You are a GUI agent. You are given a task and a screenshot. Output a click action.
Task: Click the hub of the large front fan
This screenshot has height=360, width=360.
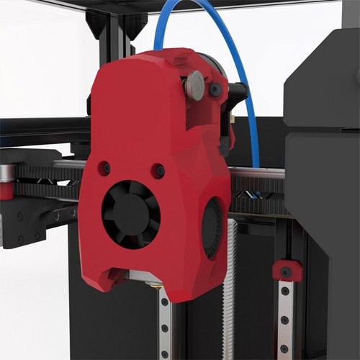click(130, 213)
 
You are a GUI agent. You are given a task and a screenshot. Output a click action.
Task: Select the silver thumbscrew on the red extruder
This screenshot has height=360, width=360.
click(195, 85)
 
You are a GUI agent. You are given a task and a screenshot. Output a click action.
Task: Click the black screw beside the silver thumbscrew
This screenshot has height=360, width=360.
click(215, 89)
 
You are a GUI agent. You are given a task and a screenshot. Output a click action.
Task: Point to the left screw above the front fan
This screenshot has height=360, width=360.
click(104, 168)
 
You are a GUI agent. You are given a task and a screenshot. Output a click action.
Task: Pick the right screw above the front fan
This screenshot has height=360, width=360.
click(158, 171)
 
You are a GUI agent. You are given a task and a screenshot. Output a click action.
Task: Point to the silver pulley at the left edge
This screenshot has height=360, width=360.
click(5, 173)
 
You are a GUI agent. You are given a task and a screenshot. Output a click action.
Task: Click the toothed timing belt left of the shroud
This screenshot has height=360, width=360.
click(50, 173)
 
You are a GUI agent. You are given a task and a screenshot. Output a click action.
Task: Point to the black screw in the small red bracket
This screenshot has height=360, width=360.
click(287, 272)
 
